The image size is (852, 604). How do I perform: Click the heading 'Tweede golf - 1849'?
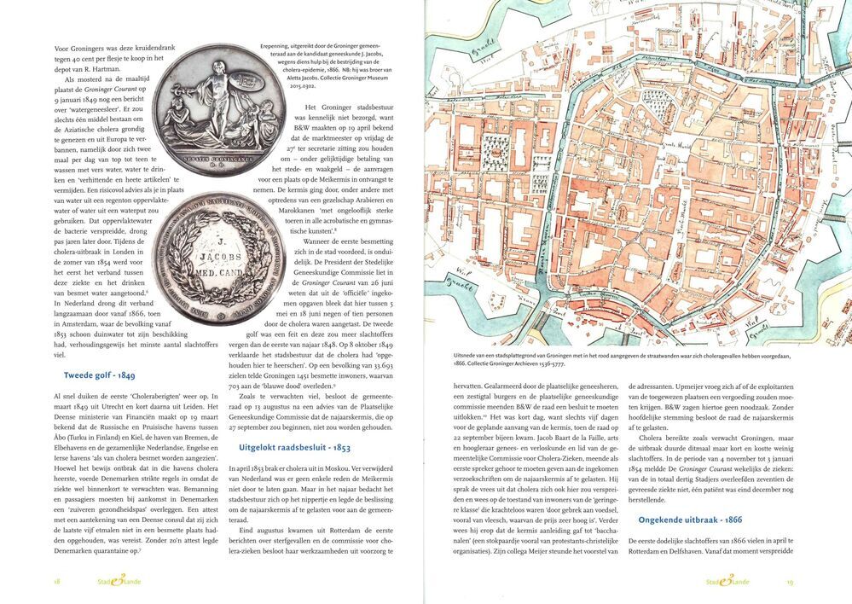pyautogui.click(x=99, y=375)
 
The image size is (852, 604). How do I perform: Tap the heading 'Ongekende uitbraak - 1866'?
pyautogui.click(x=681, y=520)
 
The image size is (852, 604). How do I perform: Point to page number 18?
pyautogui.click(x=56, y=581)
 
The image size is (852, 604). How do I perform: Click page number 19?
pyautogui.click(x=790, y=581)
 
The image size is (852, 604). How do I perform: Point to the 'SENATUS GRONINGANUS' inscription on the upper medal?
pyautogui.click(x=222, y=159)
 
